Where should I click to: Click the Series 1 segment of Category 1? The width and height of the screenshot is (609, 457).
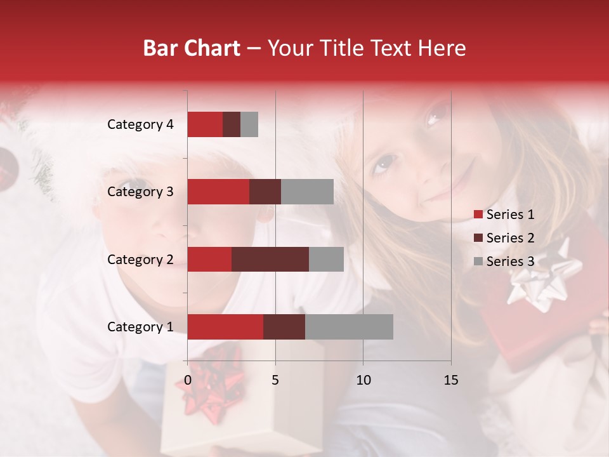pos(225,327)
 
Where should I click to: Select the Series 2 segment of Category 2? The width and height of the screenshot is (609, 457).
pos(270,259)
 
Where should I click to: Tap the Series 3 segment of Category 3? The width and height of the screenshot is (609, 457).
pos(307,192)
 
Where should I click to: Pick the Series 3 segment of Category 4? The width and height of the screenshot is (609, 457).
pos(249,124)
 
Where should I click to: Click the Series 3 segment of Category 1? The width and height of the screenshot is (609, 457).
pos(349,327)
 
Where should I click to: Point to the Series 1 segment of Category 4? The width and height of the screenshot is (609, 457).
pos(205,124)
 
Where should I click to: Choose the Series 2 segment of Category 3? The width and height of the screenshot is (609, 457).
pos(265,192)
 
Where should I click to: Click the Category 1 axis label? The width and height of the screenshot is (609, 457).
pos(140,327)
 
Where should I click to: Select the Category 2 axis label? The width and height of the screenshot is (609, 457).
pos(140,259)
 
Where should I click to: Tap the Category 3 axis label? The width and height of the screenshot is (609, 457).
pos(140,192)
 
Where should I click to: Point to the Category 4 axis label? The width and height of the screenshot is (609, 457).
pos(140,124)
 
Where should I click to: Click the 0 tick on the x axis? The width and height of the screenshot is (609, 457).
pos(188,380)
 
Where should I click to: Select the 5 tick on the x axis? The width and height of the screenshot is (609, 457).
pos(275,380)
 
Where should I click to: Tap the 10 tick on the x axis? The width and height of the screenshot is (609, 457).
pos(363,380)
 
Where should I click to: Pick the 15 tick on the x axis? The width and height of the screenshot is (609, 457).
pos(450,380)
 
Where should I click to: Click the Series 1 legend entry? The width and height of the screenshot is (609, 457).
pos(504,215)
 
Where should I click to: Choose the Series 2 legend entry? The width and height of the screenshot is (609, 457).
pos(504,238)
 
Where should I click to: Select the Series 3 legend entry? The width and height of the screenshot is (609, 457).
pos(504,262)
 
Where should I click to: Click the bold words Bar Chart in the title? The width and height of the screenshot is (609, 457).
pos(191,48)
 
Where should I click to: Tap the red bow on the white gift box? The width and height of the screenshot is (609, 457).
pos(213,384)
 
